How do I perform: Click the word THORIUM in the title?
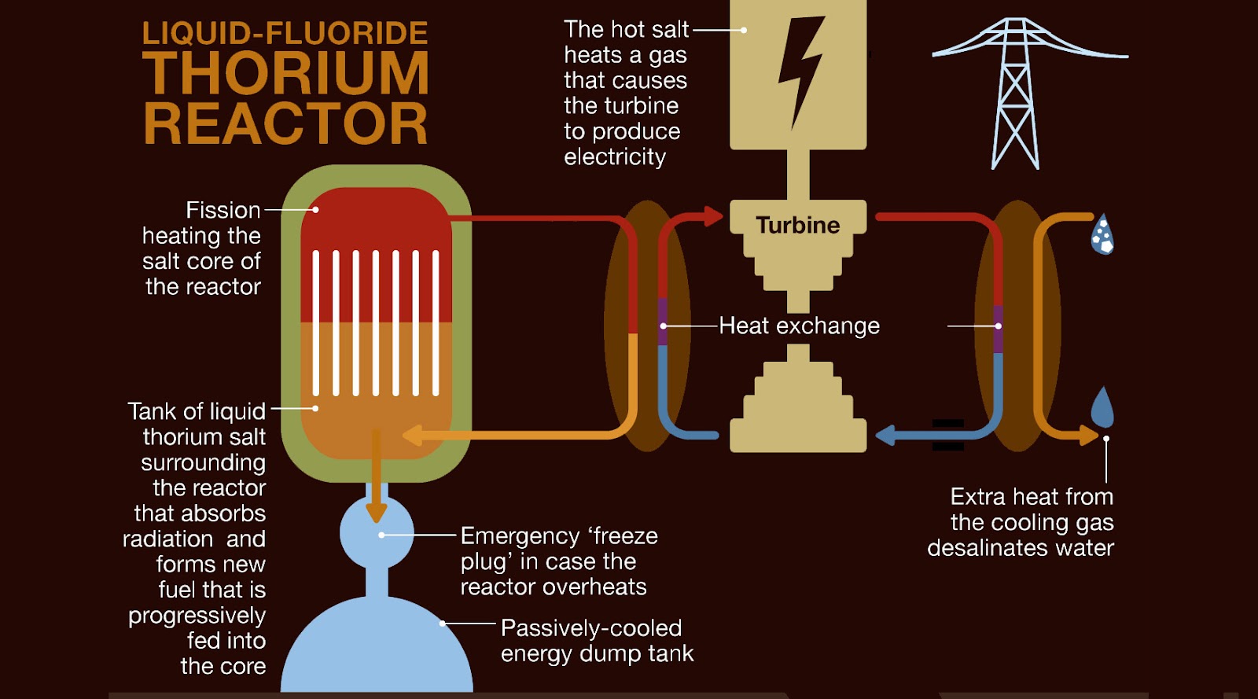click(x=285, y=74)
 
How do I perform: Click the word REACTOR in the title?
click(x=285, y=124)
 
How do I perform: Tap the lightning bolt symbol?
click(x=800, y=71)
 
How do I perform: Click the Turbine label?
click(x=798, y=226)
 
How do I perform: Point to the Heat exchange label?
click(x=799, y=326)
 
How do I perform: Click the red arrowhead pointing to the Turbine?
click(x=713, y=216)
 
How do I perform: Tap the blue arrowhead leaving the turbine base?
click(x=885, y=435)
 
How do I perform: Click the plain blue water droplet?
click(x=1102, y=407)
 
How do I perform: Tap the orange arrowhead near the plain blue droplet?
click(x=1090, y=435)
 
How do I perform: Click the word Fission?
click(x=223, y=210)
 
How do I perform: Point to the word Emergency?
click(x=520, y=536)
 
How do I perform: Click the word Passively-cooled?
click(x=591, y=628)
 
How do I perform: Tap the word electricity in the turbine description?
click(x=615, y=156)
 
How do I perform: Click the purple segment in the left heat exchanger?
click(x=663, y=322)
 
